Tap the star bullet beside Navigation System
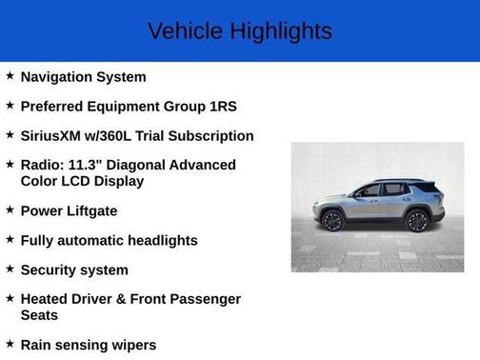[x=10, y=75]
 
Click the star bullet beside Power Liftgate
[x=10, y=210]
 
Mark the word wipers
[x=131, y=345]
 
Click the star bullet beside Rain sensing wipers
[x=10, y=344]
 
